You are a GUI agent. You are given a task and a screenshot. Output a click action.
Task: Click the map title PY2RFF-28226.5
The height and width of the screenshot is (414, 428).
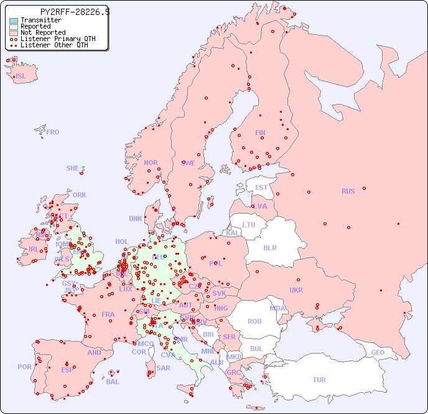point(75,12)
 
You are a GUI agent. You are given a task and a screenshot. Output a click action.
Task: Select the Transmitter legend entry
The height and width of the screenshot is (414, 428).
point(40,20)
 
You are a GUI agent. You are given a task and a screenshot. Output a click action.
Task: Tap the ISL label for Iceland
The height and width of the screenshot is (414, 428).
point(21,77)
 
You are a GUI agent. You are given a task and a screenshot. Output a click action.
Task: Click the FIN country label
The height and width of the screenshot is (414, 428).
point(260,133)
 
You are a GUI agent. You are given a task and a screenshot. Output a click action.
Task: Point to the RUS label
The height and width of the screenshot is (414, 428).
point(348,191)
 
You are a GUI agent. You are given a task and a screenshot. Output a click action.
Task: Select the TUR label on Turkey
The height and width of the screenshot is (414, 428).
point(319,380)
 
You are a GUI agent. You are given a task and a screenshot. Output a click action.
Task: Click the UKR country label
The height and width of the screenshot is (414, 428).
point(296,290)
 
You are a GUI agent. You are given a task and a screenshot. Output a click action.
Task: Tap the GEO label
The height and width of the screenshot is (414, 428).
point(378,352)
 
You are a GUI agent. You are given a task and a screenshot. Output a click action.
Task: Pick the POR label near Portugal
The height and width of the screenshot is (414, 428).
point(24,367)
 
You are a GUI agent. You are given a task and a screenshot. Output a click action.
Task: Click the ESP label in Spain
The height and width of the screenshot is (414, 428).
point(67,370)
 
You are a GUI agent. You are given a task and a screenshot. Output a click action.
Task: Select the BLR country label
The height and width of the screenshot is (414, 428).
point(269,247)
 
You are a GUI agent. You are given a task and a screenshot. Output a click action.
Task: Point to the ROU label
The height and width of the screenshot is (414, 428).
point(254,321)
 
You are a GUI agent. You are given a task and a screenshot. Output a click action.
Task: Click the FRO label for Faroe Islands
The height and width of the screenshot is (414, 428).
point(53,132)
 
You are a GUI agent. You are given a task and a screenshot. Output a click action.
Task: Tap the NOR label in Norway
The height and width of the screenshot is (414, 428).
point(151,162)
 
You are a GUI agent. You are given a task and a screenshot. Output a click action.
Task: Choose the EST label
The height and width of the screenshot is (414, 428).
point(261,187)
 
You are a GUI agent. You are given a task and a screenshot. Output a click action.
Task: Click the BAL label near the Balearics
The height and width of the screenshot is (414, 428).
point(113,382)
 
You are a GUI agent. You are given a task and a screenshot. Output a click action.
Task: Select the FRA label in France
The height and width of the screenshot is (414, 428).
point(108,314)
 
